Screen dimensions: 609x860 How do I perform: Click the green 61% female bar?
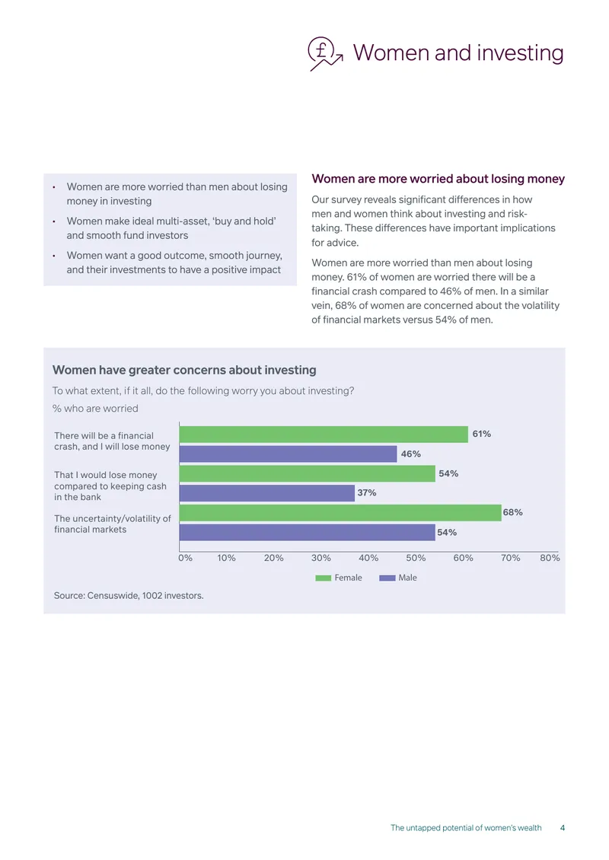[x=324, y=435]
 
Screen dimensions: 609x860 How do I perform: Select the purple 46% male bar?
[x=288, y=454]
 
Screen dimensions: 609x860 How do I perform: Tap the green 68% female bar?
[x=340, y=513]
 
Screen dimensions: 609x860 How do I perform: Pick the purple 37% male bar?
[x=267, y=493]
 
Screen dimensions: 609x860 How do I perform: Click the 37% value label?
[x=366, y=493]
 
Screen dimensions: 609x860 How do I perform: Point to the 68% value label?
[x=512, y=512]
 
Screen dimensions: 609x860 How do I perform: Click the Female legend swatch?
[x=324, y=578]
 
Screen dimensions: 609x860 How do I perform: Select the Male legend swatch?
[x=387, y=578]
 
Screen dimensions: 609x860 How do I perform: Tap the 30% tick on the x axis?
[x=321, y=558]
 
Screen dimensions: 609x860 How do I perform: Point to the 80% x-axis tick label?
[x=550, y=558]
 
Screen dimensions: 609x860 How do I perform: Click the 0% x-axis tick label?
[x=186, y=558]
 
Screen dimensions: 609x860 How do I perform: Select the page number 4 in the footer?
[x=563, y=827]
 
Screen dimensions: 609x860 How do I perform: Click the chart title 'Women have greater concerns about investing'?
[x=184, y=370]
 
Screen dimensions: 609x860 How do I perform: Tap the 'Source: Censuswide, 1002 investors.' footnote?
[x=129, y=596]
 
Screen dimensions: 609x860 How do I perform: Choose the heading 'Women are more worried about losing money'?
[x=438, y=179]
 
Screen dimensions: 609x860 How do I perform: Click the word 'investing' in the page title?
[x=520, y=53]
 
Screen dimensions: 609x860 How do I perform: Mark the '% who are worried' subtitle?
[x=95, y=409]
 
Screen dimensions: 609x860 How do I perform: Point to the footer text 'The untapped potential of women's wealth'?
[x=466, y=827]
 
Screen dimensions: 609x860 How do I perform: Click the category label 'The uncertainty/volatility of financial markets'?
[x=113, y=524]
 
